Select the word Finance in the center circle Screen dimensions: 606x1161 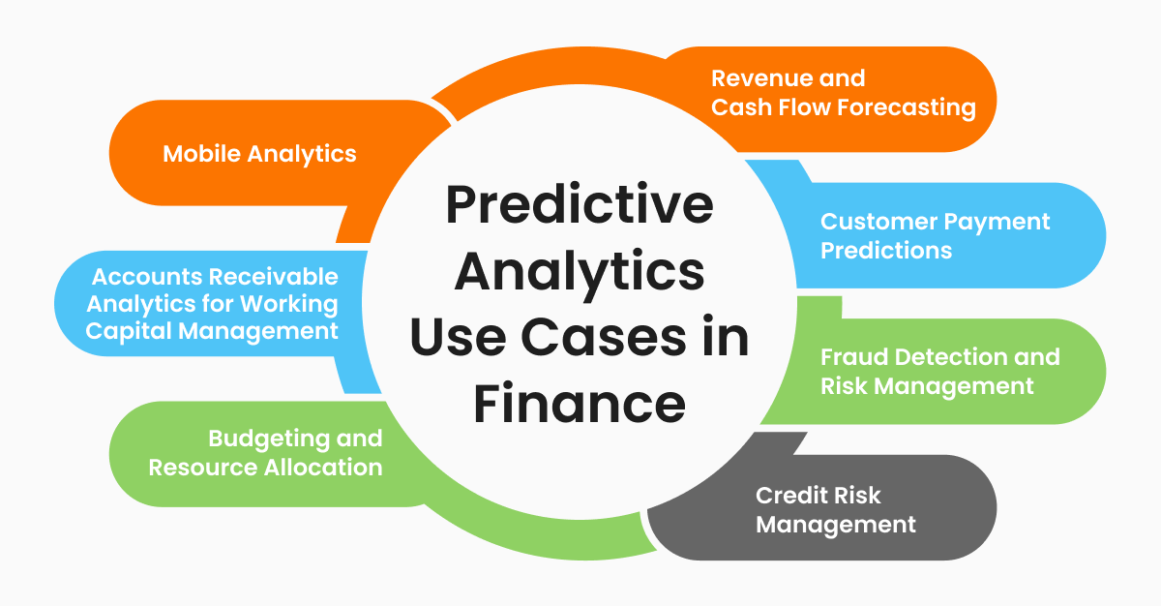[580, 404]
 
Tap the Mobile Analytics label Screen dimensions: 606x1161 [259, 153]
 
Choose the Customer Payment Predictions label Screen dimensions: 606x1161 [935, 235]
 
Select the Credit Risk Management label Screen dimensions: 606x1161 [835, 510]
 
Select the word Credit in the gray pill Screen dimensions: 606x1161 [791, 496]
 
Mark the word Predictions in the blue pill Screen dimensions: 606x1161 [886, 249]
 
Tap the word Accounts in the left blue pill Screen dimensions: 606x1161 [140, 277]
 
